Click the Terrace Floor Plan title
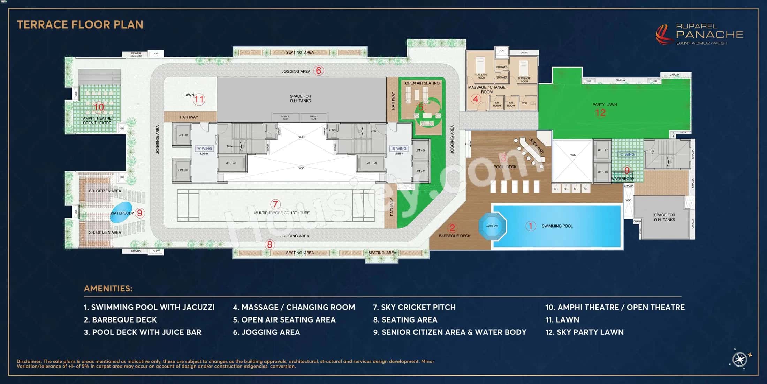tap(80, 24)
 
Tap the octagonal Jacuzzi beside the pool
tap(492, 226)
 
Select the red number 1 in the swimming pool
tap(530, 226)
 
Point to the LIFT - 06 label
tap(372, 163)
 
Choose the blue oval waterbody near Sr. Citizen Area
tap(121, 213)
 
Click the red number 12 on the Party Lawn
tap(600, 112)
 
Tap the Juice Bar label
tap(536, 146)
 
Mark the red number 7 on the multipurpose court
tap(275, 204)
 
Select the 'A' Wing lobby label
tap(204, 149)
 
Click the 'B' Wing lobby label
tap(398, 149)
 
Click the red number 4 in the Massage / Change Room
tap(476, 99)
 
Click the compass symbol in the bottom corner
tap(740, 359)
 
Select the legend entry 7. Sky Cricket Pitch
tap(414, 307)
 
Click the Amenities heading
tap(108, 289)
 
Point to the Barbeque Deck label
tap(454, 236)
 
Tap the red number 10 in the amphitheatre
tap(99, 107)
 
